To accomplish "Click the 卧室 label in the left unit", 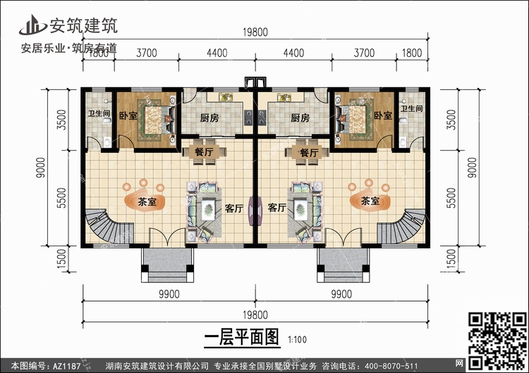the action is click(x=128, y=115).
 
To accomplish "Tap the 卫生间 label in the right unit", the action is click(x=412, y=108).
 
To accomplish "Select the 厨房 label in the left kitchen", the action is click(x=209, y=118).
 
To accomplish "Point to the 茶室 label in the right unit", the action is click(x=370, y=201).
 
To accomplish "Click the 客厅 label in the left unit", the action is click(x=234, y=208).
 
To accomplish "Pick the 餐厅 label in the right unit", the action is click(x=309, y=153).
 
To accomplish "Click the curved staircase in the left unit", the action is click(x=109, y=225).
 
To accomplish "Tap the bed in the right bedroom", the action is click(x=355, y=119).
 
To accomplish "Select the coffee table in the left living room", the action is click(x=208, y=210).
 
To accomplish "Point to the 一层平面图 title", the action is click(x=242, y=337).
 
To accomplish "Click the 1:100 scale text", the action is click(x=297, y=339).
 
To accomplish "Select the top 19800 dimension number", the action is click(x=255, y=32).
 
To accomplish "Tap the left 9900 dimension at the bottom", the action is click(x=169, y=294).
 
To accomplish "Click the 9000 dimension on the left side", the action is click(x=40, y=167).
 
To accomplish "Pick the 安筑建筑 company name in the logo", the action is click(x=84, y=25).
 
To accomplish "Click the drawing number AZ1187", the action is click(x=67, y=366).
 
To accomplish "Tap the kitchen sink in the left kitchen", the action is click(x=226, y=97).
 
